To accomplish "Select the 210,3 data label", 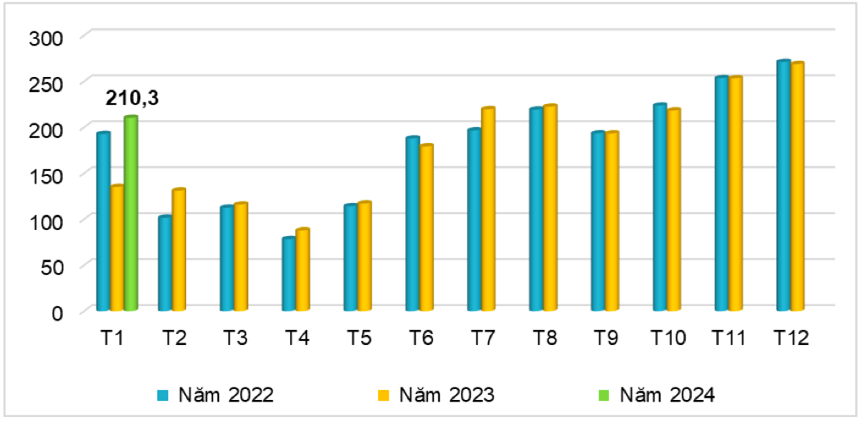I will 132,99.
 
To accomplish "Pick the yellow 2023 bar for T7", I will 488,209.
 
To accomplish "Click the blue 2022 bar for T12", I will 783,185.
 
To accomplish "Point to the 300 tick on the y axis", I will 46,37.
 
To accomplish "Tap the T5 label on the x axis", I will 359,338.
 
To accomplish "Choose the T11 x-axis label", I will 729,338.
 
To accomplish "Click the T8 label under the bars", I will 544,338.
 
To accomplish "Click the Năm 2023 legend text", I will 446,394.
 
